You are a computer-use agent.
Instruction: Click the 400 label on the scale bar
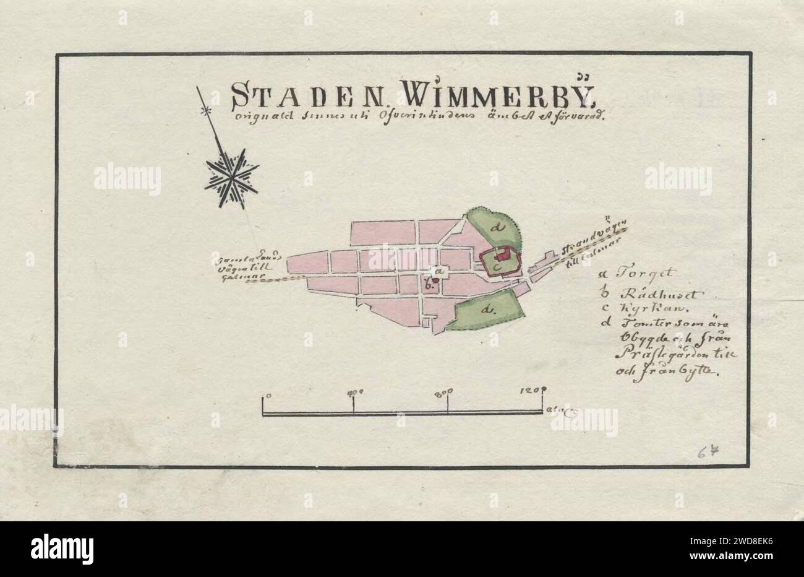click(355, 392)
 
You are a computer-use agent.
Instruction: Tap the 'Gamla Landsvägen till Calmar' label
click(247, 264)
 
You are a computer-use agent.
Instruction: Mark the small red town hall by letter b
click(435, 280)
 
